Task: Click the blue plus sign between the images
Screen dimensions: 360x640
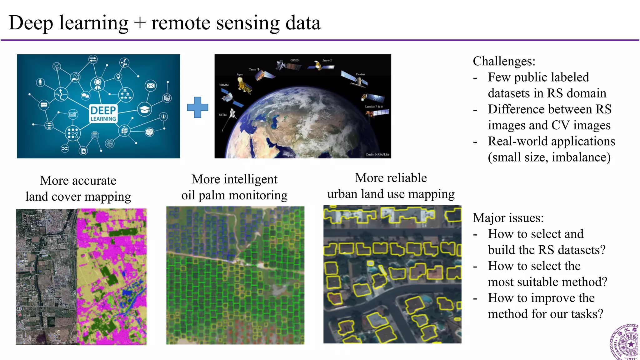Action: (x=197, y=107)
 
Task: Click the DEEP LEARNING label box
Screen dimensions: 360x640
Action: (x=103, y=113)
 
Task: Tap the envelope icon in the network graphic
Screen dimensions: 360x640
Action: (x=151, y=86)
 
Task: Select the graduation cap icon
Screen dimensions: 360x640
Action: (x=144, y=109)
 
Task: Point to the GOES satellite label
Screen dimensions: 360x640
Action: (x=294, y=60)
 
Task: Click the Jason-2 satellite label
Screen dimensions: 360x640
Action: (x=327, y=60)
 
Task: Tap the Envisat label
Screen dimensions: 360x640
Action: (x=360, y=74)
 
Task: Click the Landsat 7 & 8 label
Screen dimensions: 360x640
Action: (x=374, y=107)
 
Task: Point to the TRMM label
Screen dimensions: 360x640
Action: (x=224, y=85)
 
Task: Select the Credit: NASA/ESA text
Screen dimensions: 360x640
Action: (x=377, y=154)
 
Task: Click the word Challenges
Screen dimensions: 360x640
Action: (x=504, y=61)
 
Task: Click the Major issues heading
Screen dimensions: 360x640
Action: (x=508, y=218)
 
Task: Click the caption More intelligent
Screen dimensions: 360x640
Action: (x=234, y=179)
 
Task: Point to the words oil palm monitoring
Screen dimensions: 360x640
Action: (x=234, y=195)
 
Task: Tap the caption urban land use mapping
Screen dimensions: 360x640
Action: (x=391, y=194)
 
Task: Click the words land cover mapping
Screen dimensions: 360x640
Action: (x=78, y=197)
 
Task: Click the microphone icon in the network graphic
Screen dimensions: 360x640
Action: (x=40, y=82)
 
